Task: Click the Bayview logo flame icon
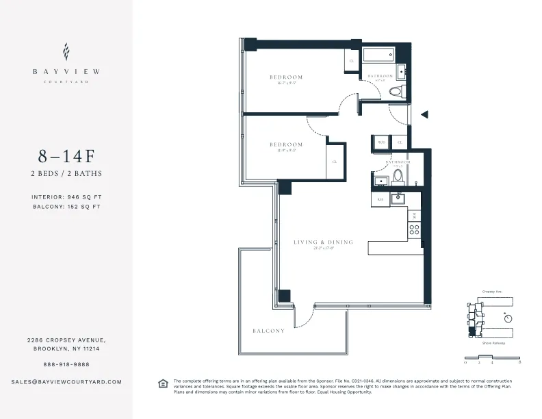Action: coord(66,51)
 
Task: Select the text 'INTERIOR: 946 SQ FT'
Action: coord(66,196)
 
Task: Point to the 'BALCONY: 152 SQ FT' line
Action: coord(66,206)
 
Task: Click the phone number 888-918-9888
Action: coord(66,364)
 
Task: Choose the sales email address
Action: coord(66,381)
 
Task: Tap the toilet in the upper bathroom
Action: coord(396,91)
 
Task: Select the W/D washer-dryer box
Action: coord(382,142)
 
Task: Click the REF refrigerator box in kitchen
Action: coord(380,199)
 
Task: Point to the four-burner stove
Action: coord(413,229)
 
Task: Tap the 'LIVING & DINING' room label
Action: coord(323,242)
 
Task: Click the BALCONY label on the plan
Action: coord(268,331)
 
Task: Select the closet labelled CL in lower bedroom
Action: coord(335,162)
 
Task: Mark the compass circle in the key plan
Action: coord(507,318)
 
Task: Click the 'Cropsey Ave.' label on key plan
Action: coord(491,291)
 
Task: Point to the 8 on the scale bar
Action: coord(520,361)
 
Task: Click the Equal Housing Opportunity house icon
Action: coord(163,383)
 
